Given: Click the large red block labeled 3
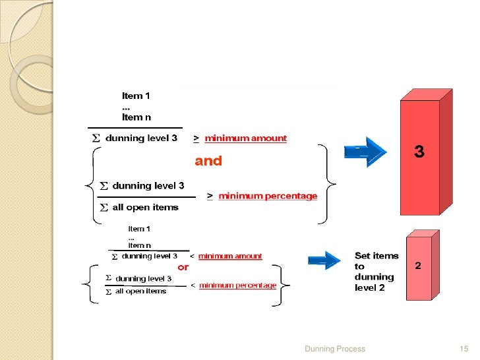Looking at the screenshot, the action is click(426, 152).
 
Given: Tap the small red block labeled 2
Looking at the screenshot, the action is click(423, 265).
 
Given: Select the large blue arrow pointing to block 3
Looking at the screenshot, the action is click(365, 152).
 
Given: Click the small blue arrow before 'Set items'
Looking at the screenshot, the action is click(324, 260).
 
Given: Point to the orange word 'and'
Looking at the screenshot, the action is click(208, 161).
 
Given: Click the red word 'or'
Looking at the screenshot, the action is click(183, 267).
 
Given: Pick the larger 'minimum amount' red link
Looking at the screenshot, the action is click(245, 138).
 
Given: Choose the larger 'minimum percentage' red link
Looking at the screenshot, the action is click(268, 196).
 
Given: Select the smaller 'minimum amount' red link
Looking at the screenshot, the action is click(230, 256).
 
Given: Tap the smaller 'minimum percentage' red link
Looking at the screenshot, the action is click(238, 285).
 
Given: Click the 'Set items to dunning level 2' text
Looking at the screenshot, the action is click(376, 272).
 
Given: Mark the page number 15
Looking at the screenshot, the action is click(464, 349).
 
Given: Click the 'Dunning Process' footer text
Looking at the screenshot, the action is click(335, 349).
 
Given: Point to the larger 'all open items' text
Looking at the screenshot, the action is click(145, 207).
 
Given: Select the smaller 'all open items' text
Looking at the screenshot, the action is click(140, 291).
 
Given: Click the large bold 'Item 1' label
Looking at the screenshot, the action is click(136, 96).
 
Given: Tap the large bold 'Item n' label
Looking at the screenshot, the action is click(136, 117).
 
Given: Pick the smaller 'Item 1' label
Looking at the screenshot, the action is click(139, 229).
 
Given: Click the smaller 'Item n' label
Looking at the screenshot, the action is click(139, 245).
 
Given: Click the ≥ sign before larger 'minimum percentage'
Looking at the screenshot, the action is click(210, 196).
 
